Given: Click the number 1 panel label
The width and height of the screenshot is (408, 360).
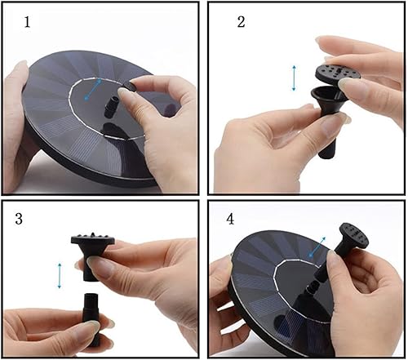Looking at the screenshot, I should point(27,22).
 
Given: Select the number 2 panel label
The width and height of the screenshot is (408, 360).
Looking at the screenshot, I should point(241,22).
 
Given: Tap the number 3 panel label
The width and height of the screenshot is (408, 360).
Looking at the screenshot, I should point(19,218).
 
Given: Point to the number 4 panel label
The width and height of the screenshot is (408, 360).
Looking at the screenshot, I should point(232,218).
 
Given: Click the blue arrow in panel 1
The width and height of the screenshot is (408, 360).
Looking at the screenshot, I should point(95,88).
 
